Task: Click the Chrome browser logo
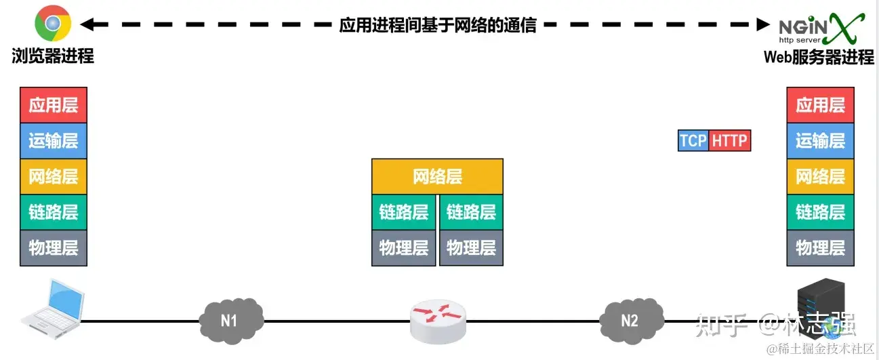click(53, 25)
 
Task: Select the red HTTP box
click(729, 140)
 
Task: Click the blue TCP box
click(693, 140)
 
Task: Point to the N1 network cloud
click(230, 319)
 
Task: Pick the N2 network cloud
click(630, 319)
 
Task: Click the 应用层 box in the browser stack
click(54, 105)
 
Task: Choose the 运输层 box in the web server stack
click(820, 141)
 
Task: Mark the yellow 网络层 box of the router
click(437, 177)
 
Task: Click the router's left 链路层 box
click(404, 212)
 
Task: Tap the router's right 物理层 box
click(471, 247)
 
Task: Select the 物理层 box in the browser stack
click(54, 247)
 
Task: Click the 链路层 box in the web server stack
click(820, 212)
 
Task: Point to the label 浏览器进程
click(53, 56)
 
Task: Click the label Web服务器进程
click(819, 57)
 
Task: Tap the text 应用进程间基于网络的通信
click(438, 25)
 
